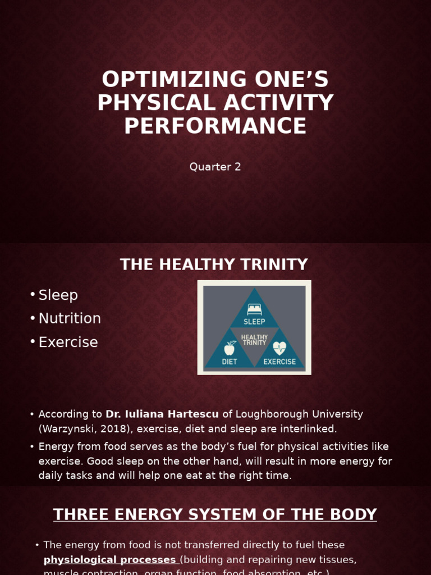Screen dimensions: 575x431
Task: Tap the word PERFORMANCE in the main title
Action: tap(215, 126)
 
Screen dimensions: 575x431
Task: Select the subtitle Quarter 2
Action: tap(215, 167)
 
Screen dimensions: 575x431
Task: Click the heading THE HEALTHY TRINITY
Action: tap(214, 264)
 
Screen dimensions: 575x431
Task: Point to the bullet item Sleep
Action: tap(58, 295)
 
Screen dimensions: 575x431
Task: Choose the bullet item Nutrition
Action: tap(70, 319)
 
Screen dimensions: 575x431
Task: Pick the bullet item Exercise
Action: tap(68, 343)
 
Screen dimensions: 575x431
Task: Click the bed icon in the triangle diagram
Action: tap(254, 309)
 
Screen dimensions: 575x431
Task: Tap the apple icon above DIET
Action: tap(230, 348)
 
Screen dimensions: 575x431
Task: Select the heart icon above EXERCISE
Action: tap(279, 348)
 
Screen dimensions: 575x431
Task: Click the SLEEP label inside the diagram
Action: tap(254, 322)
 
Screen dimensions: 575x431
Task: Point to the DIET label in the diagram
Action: tap(230, 362)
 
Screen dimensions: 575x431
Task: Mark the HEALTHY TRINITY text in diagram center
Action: tap(254, 340)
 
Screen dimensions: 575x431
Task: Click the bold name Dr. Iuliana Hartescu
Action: tap(162, 414)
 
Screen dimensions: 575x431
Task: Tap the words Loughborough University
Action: tap(299, 414)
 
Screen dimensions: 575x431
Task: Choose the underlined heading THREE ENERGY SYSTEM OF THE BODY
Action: tap(215, 514)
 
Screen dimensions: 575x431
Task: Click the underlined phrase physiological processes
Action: tap(110, 560)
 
